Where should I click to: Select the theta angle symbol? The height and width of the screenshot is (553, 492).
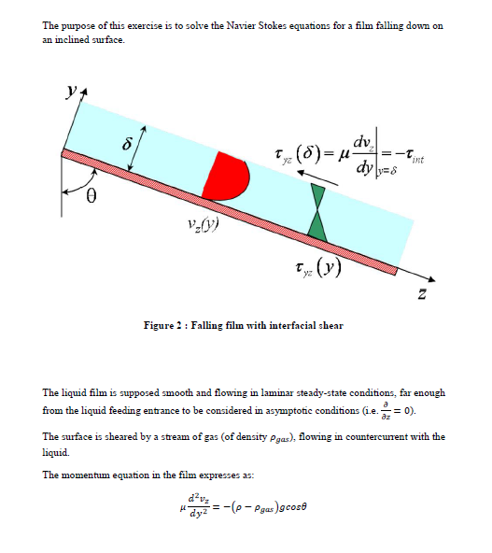91,197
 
